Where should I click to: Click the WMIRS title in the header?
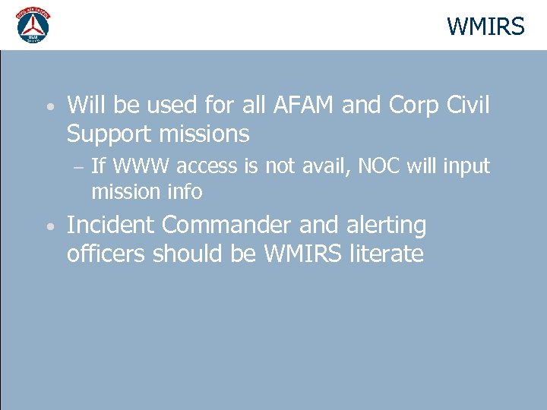click(485, 27)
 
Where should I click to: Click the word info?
click(184, 192)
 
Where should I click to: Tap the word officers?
click(106, 254)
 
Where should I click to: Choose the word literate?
click(386, 254)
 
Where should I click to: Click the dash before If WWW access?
click(80, 166)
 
